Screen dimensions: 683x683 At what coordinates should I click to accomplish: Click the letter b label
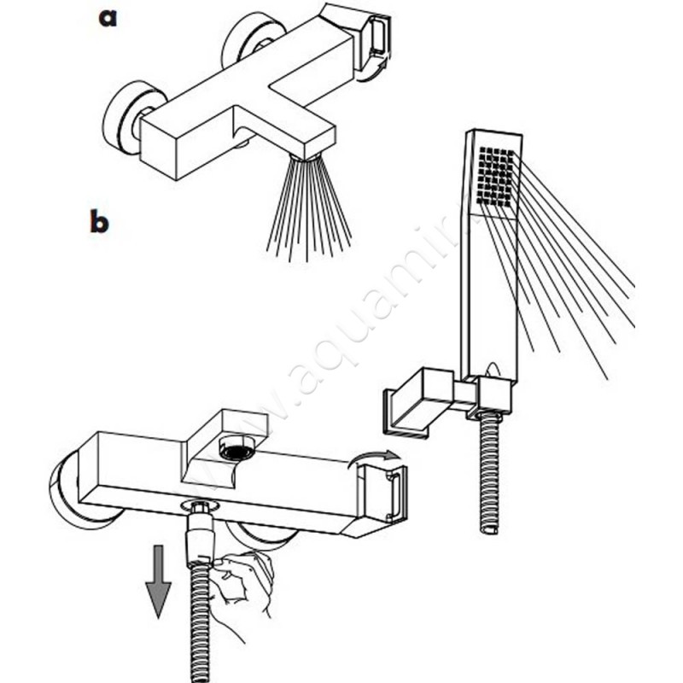click(x=99, y=222)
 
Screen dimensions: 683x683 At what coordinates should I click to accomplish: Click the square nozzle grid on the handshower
click(x=498, y=175)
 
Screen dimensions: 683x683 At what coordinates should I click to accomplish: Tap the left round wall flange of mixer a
click(x=124, y=115)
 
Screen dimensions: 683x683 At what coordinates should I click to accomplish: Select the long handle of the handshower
click(x=489, y=290)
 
